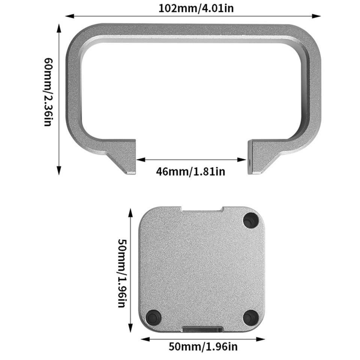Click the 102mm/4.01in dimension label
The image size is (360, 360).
click(x=196, y=8)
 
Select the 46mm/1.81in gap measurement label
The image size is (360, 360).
click(x=190, y=172)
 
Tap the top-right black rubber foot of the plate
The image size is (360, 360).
click(x=250, y=220)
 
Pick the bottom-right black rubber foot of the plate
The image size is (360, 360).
click(x=250, y=317)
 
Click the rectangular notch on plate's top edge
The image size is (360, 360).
click(x=202, y=209)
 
